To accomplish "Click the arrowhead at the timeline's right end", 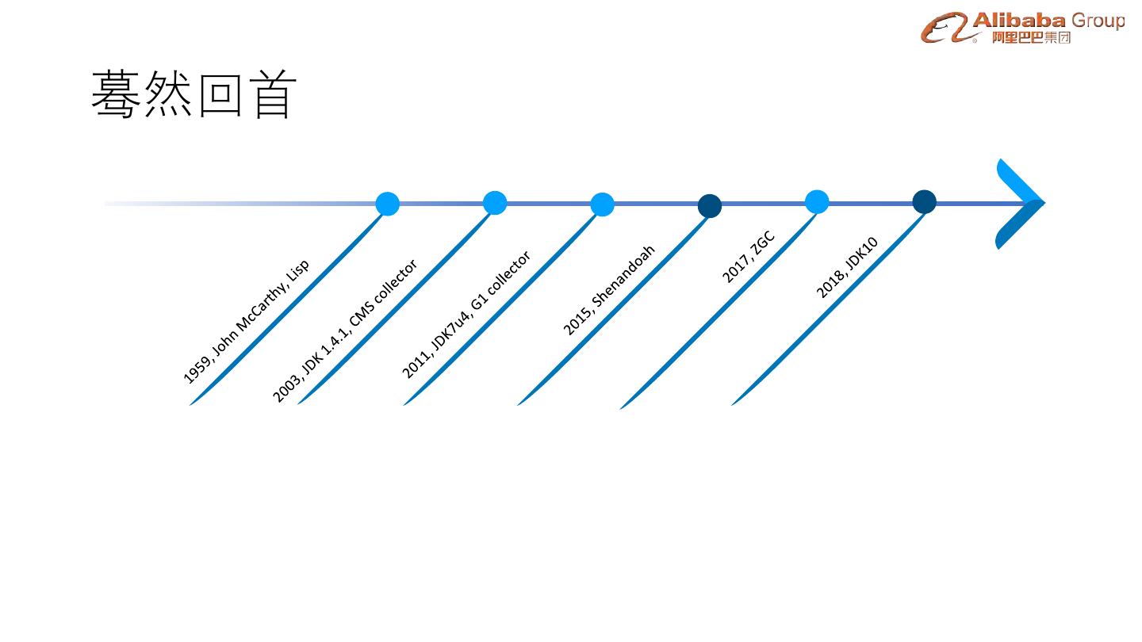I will click(x=1021, y=204).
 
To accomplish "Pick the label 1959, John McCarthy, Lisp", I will click(x=246, y=322).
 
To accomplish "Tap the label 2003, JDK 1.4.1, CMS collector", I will click(x=345, y=331).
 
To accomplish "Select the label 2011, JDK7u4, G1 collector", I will click(x=466, y=315).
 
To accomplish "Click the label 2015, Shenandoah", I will click(x=609, y=290).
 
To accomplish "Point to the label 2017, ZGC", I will click(x=748, y=258).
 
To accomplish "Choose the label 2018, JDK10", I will click(x=847, y=268).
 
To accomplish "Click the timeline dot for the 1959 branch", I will click(x=387, y=204).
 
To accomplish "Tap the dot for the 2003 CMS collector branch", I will click(x=495, y=203).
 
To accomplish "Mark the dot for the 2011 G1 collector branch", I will click(x=603, y=204).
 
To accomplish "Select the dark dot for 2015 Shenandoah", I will click(x=710, y=206).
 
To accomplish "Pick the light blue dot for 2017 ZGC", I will click(x=817, y=202).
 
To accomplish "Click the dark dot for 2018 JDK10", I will click(x=925, y=202).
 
